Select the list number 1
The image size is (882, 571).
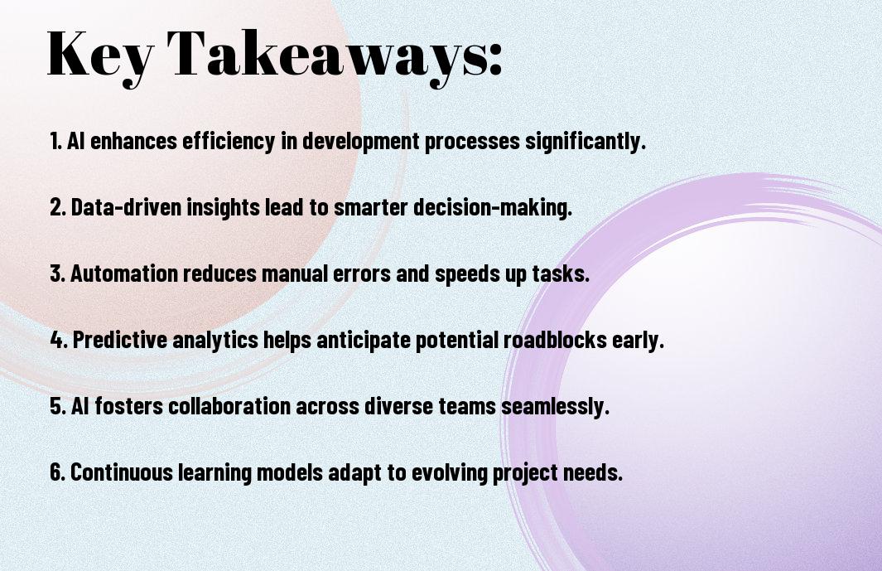(x=55, y=141)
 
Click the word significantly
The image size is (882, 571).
(x=586, y=141)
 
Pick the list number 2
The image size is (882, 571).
(x=58, y=207)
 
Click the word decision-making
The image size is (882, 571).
(x=493, y=207)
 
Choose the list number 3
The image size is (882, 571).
(x=58, y=273)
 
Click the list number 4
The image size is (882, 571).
(x=59, y=340)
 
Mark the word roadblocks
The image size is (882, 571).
(x=555, y=340)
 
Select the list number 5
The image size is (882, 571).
(x=58, y=406)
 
